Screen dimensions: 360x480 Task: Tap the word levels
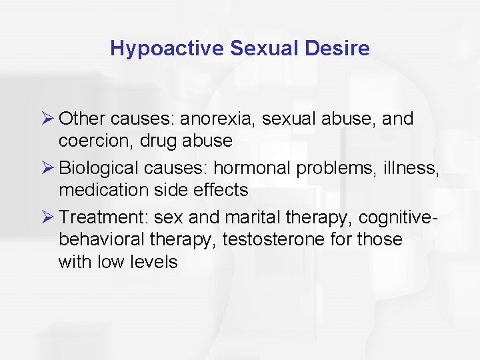point(155,261)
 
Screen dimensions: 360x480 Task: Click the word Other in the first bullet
point(82,119)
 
